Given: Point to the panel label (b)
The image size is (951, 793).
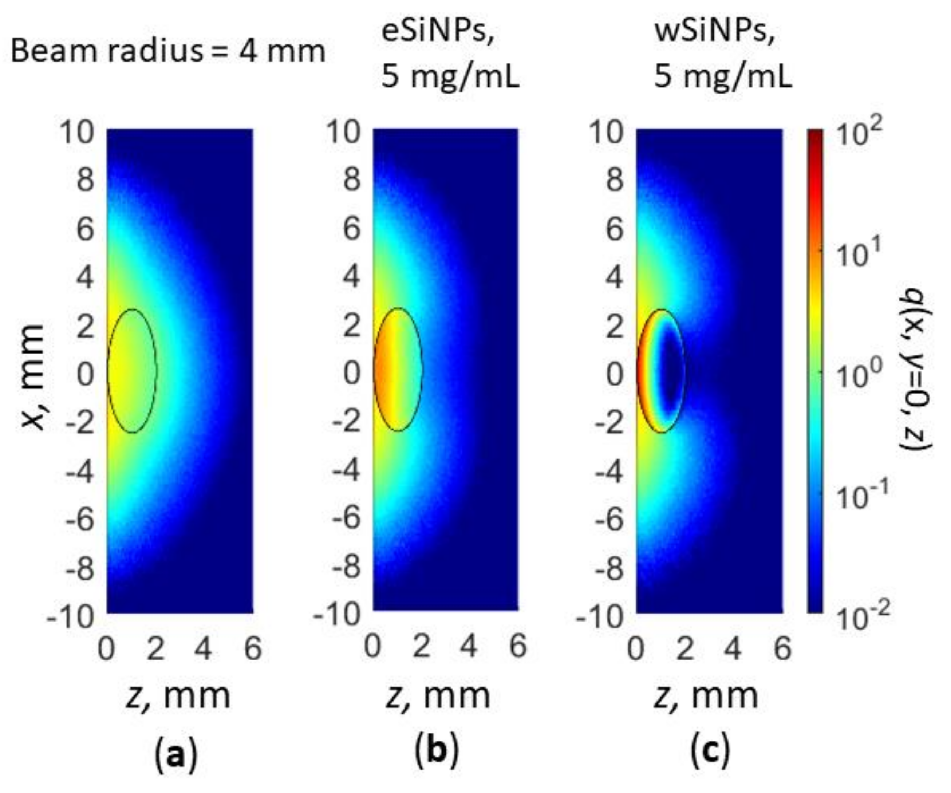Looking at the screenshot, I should point(437,750).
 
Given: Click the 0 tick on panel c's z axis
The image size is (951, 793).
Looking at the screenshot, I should point(636,648).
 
